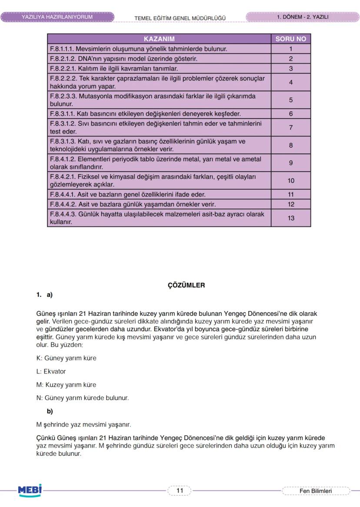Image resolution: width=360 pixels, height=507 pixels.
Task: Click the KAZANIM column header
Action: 159,39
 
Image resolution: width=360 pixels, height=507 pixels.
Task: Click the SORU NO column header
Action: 291,39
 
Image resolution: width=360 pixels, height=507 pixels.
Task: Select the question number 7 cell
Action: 291,128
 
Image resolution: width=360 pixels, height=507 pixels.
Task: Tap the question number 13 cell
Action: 291,218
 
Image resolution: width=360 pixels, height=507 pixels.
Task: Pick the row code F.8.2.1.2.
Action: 63,59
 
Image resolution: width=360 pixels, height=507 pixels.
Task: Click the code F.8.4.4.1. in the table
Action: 63,194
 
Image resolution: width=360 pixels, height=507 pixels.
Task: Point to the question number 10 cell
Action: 291,181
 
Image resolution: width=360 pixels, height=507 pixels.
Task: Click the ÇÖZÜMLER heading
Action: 186,285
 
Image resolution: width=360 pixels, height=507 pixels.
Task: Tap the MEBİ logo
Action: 30,490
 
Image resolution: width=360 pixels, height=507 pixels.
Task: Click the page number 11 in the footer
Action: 180,490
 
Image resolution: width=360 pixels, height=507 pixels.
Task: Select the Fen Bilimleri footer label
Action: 316,491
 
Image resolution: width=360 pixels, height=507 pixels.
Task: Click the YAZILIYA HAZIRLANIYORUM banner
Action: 57,17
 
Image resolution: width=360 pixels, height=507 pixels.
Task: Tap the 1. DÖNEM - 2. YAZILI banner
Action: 302,17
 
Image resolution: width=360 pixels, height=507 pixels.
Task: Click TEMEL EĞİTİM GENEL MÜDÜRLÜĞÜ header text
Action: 180,18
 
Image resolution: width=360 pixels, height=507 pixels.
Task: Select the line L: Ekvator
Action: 51,371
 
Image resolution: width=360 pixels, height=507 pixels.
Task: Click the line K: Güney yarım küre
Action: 66,358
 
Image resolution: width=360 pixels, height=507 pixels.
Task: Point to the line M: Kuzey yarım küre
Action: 66,384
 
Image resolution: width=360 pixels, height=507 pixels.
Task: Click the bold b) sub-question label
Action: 50,411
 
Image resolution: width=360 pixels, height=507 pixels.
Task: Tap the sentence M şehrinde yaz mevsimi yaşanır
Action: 83,424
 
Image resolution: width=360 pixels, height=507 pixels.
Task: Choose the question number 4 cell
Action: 291,82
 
